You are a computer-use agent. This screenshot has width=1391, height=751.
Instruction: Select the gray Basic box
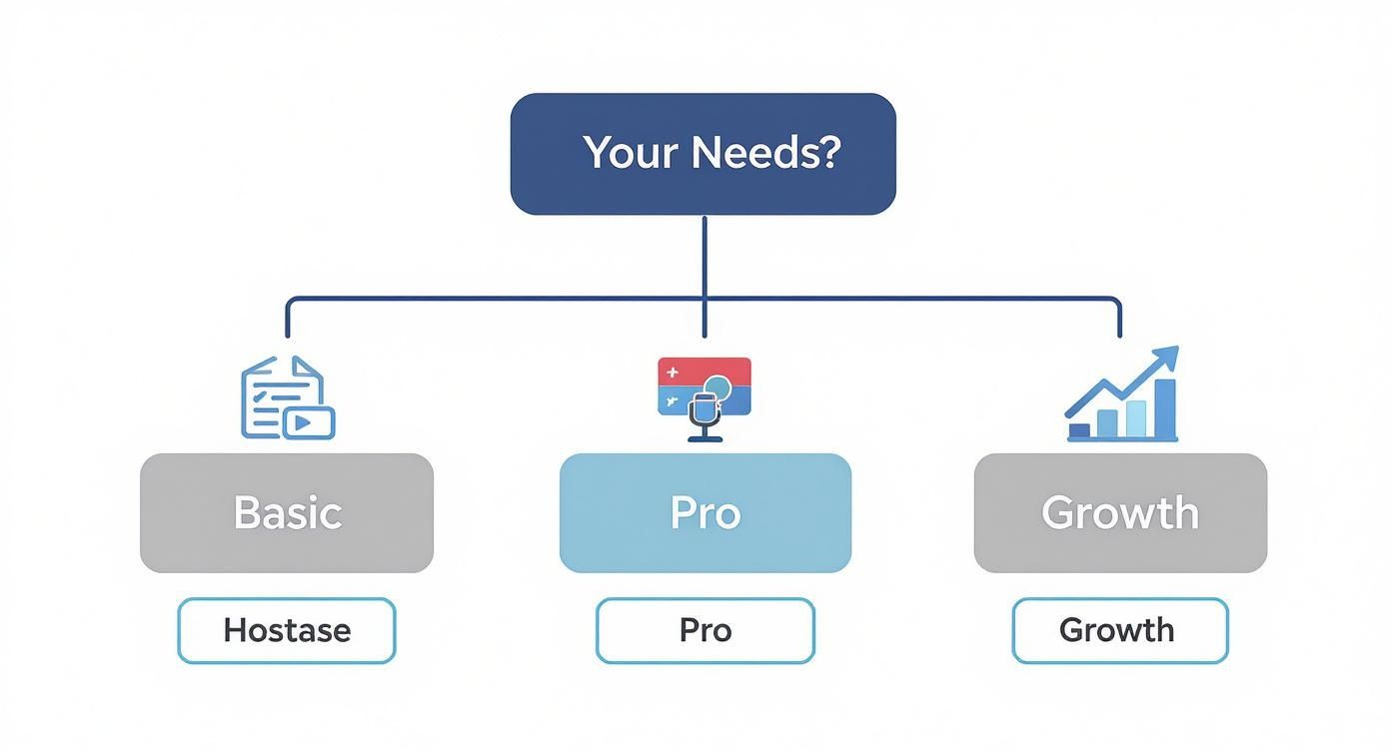click(287, 512)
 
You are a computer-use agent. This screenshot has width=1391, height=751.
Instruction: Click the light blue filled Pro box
click(704, 512)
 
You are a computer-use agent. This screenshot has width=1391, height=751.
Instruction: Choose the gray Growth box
click(1119, 512)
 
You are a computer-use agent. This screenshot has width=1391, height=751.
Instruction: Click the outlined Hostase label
click(287, 630)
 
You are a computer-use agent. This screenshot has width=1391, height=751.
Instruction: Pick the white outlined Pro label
click(704, 630)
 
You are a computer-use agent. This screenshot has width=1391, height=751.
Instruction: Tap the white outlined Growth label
click(1119, 630)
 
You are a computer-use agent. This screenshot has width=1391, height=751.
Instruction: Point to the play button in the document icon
click(310, 422)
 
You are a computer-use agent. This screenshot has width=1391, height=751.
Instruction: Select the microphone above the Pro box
click(705, 414)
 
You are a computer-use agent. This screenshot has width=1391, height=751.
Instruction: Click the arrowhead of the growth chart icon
click(1166, 358)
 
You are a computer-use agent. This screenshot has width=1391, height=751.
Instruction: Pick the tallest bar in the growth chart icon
click(1165, 408)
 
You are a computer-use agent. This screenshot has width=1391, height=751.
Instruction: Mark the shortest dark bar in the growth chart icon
click(1079, 430)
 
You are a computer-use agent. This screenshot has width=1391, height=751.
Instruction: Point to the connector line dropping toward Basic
click(288, 318)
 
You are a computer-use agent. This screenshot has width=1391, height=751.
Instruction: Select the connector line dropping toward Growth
click(1119, 318)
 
